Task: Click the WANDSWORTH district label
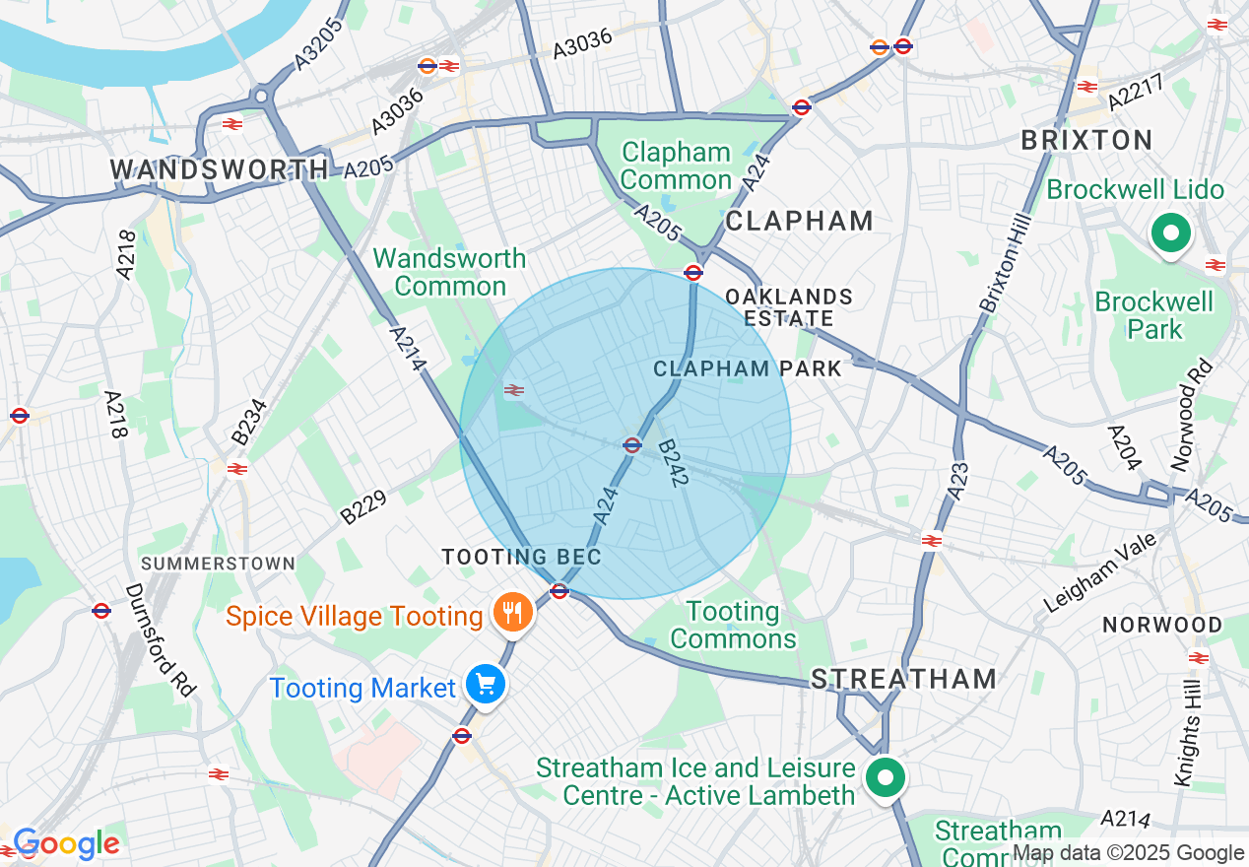pos(219,168)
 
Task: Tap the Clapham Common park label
pos(676,166)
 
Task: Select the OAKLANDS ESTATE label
pos(788,307)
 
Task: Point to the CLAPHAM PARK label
pos(748,368)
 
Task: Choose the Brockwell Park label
pos(1153,314)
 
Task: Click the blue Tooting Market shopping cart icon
pos(485,684)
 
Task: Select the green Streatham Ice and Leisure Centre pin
pos(885,778)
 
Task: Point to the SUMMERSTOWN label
pos(218,564)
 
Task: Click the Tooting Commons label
pos(733,625)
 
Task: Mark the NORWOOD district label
pos(1162,625)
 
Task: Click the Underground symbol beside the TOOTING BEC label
pos(559,591)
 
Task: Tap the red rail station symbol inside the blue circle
pos(513,390)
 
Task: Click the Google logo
pos(66,843)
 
